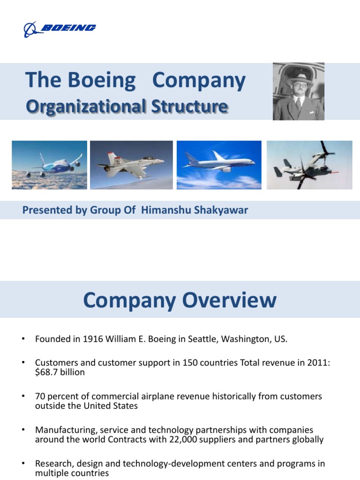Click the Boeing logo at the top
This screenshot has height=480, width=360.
(60, 29)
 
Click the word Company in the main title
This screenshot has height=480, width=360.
(199, 81)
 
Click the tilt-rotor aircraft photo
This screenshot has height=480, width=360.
(309, 165)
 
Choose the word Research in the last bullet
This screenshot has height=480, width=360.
(53, 464)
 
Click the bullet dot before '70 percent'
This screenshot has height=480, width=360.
(22, 397)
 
